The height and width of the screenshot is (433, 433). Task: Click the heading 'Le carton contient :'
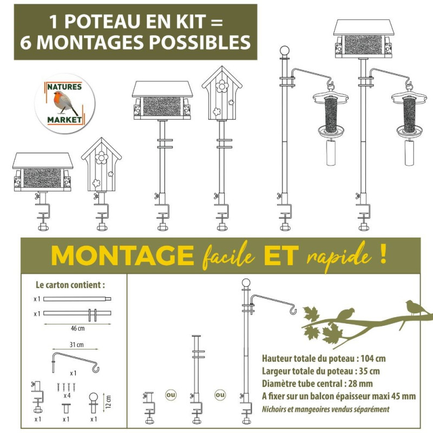click(70, 285)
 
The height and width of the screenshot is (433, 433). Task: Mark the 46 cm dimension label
click(77, 327)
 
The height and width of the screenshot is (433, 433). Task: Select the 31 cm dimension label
click(76, 344)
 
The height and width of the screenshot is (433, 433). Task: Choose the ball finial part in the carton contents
click(94, 401)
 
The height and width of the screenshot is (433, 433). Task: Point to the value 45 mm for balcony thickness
click(401, 396)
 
